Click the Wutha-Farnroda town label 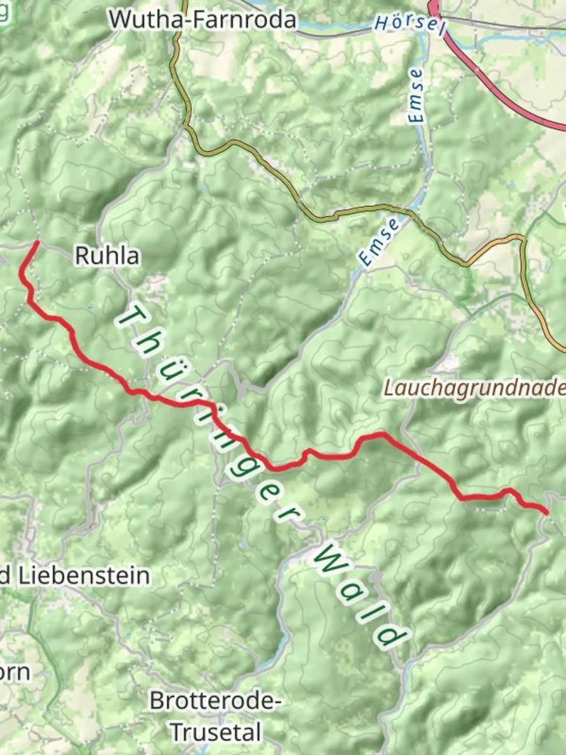(x=203, y=20)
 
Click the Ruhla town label (x=106, y=257)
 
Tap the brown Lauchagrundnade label (x=474, y=389)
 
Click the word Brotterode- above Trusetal (x=215, y=700)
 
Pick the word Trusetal (x=216, y=733)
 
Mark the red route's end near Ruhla (x=36, y=243)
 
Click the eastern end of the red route (x=546, y=512)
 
